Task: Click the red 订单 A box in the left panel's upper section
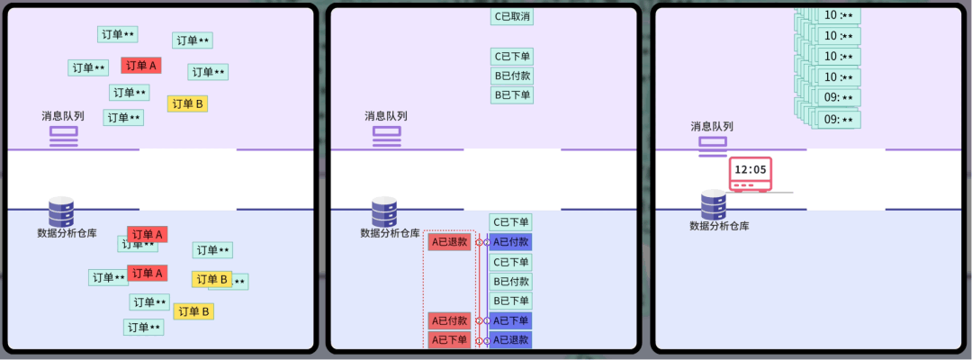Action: pyautogui.click(x=141, y=66)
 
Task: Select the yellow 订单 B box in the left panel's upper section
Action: pyautogui.click(x=187, y=103)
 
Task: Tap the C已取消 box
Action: pyautogui.click(x=511, y=16)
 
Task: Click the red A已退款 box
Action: pyautogui.click(x=449, y=242)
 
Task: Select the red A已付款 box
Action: pyautogui.click(x=449, y=320)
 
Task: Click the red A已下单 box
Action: pyautogui.click(x=449, y=339)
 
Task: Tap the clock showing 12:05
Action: pyautogui.click(x=751, y=174)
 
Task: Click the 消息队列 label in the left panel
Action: pyautogui.click(x=63, y=116)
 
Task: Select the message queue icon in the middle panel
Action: pyautogui.click(x=386, y=135)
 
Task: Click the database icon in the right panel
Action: pyautogui.click(x=714, y=204)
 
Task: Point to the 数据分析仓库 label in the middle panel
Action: pyautogui.click(x=390, y=233)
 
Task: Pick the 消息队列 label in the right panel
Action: pyautogui.click(x=712, y=127)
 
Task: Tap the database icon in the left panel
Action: pyautogui.click(x=61, y=211)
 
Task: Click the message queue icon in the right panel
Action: pyautogui.click(x=713, y=144)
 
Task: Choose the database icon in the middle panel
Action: pyautogui.click(x=384, y=211)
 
